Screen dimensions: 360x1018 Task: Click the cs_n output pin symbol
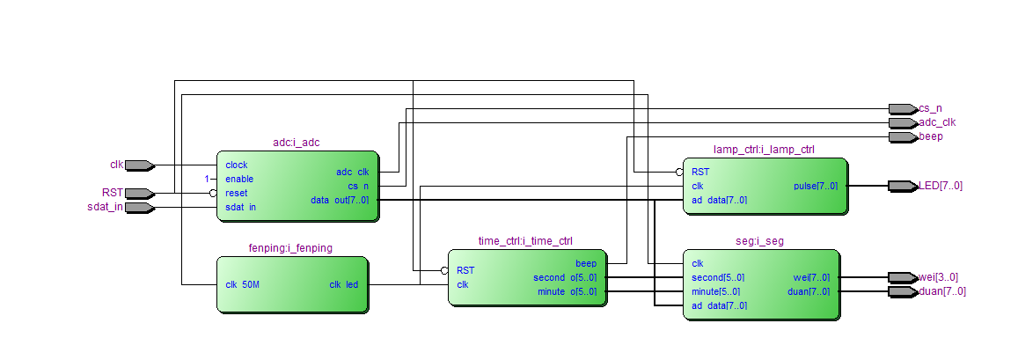tap(903, 108)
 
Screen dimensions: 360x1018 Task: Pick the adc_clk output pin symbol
tap(903, 122)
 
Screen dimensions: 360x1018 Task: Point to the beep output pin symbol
tap(903, 136)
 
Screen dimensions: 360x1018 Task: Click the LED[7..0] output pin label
tap(941, 186)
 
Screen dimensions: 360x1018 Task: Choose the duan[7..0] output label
tap(941, 291)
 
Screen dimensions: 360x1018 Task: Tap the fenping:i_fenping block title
tap(291, 248)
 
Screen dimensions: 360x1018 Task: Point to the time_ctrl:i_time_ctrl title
tap(525, 241)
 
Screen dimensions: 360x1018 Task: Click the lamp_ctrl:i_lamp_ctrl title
tap(764, 150)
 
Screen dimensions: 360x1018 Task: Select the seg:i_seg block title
tap(760, 241)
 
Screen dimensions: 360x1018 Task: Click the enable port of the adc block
tap(239, 179)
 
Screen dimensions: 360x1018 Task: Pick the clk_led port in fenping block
tap(343, 284)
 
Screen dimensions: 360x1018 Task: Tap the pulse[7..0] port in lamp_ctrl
tap(816, 186)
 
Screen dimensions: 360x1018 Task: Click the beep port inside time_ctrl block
tap(585, 263)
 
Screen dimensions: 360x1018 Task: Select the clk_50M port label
tap(243, 284)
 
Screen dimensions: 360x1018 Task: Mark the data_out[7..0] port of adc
tap(340, 200)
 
